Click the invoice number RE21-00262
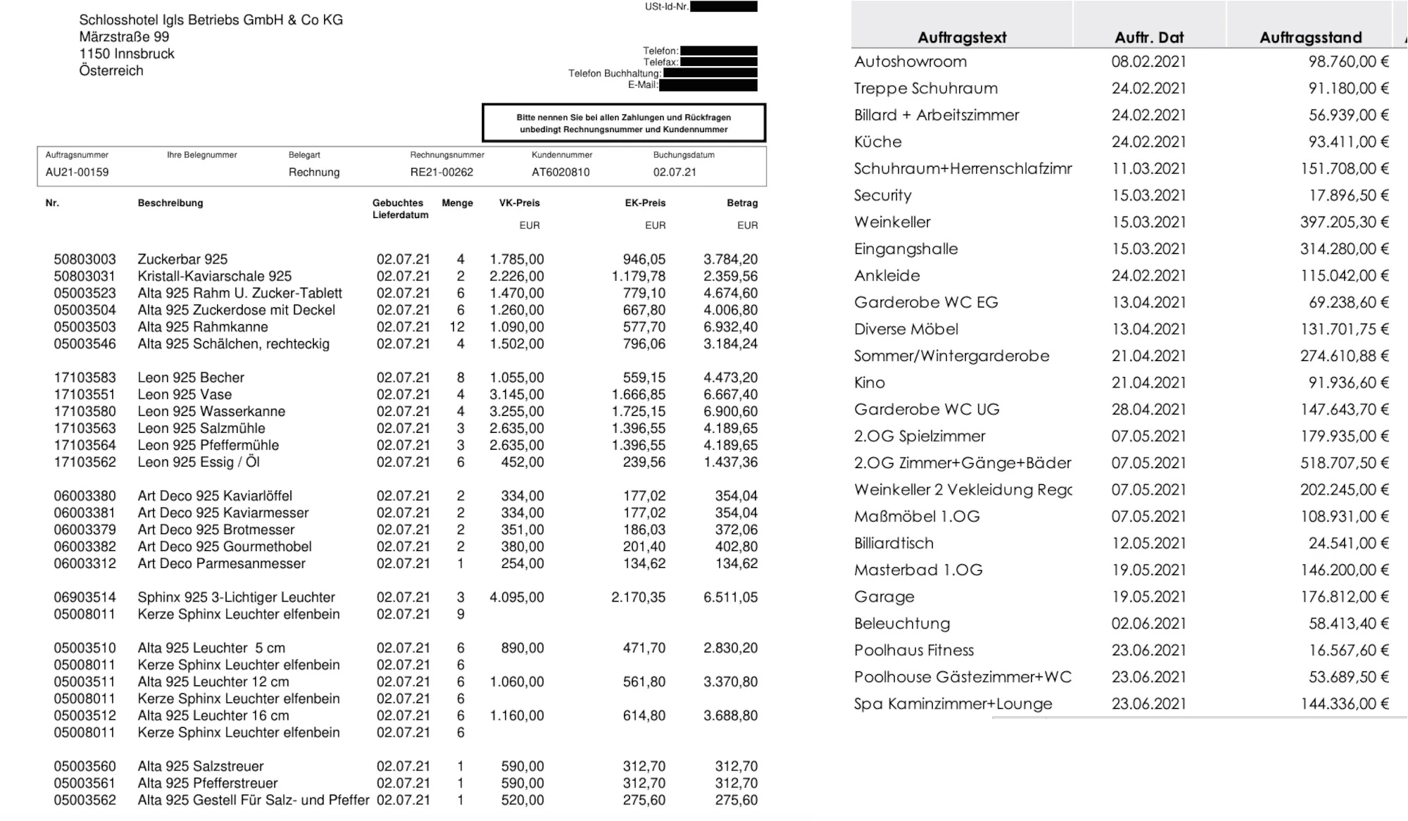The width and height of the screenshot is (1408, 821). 441,172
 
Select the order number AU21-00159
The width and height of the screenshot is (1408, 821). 77,172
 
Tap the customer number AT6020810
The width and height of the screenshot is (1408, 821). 560,172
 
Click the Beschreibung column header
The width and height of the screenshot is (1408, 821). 170,203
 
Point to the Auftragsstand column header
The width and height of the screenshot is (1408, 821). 1310,37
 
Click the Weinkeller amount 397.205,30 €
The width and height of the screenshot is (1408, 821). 1344,222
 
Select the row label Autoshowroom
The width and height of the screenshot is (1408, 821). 910,62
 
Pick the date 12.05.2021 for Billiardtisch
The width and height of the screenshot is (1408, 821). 1148,544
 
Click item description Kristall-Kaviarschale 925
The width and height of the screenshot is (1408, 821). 214,277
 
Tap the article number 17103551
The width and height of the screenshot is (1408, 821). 84,395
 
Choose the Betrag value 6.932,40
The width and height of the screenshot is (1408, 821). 730,327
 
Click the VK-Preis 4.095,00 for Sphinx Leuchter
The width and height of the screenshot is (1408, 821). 516,598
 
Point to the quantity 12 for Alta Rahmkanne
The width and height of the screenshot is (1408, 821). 457,327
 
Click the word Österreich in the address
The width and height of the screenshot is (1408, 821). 111,71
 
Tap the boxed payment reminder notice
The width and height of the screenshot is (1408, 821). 623,123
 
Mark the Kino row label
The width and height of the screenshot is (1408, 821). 869,383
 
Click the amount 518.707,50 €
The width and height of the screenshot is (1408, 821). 1344,463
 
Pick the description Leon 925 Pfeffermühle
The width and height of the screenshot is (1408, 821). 208,445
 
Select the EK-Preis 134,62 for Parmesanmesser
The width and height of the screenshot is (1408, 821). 644,564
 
